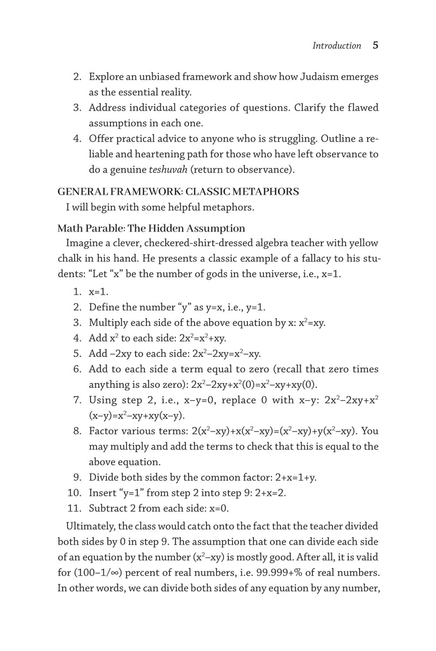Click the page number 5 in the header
375,46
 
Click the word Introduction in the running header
336,46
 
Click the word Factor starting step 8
104,431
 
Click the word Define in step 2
104,307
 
